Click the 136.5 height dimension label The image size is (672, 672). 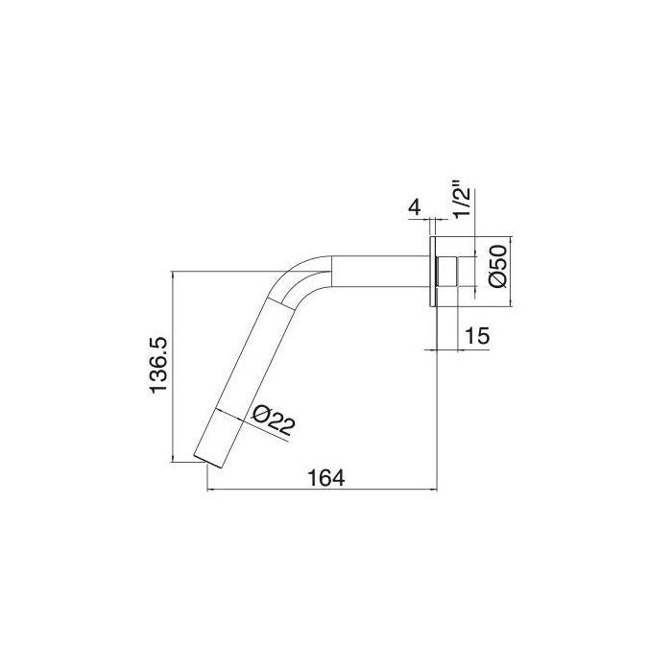click(159, 365)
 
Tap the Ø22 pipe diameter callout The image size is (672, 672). click(271, 422)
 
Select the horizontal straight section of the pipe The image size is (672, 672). click(379, 272)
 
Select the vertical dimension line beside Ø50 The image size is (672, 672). click(510, 272)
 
